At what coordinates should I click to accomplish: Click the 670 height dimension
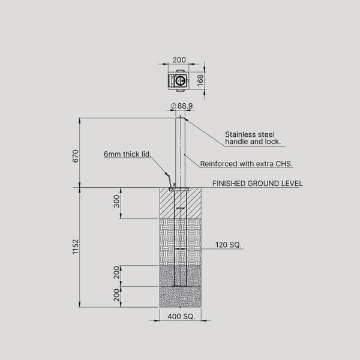76,156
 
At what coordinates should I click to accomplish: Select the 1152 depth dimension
76,247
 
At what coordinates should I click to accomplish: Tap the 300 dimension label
117,202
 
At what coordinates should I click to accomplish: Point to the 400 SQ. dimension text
181,316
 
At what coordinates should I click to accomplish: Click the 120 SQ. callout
229,245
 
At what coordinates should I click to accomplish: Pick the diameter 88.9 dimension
182,106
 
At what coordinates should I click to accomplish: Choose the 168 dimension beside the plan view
200,80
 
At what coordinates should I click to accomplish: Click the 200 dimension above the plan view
179,59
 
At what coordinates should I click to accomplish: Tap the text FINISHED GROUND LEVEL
257,184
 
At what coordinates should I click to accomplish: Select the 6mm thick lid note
128,154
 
